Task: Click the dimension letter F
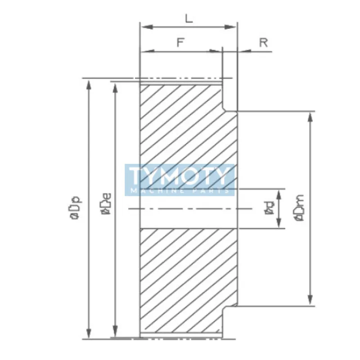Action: [x=180, y=43]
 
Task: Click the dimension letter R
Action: [x=264, y=43]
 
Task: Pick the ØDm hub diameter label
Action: [x=299, y=208]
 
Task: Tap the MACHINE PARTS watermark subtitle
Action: [x=180, y=191]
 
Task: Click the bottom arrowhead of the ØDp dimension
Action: [x=89, y=335]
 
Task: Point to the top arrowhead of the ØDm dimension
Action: [x=310, y=115]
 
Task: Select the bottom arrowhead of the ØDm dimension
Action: [x=310, y=302]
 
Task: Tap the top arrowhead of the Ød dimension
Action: [x=279, y=192]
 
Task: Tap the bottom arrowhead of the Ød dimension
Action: [x=279, y=225]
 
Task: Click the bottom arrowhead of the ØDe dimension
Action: [x=117, y=335]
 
